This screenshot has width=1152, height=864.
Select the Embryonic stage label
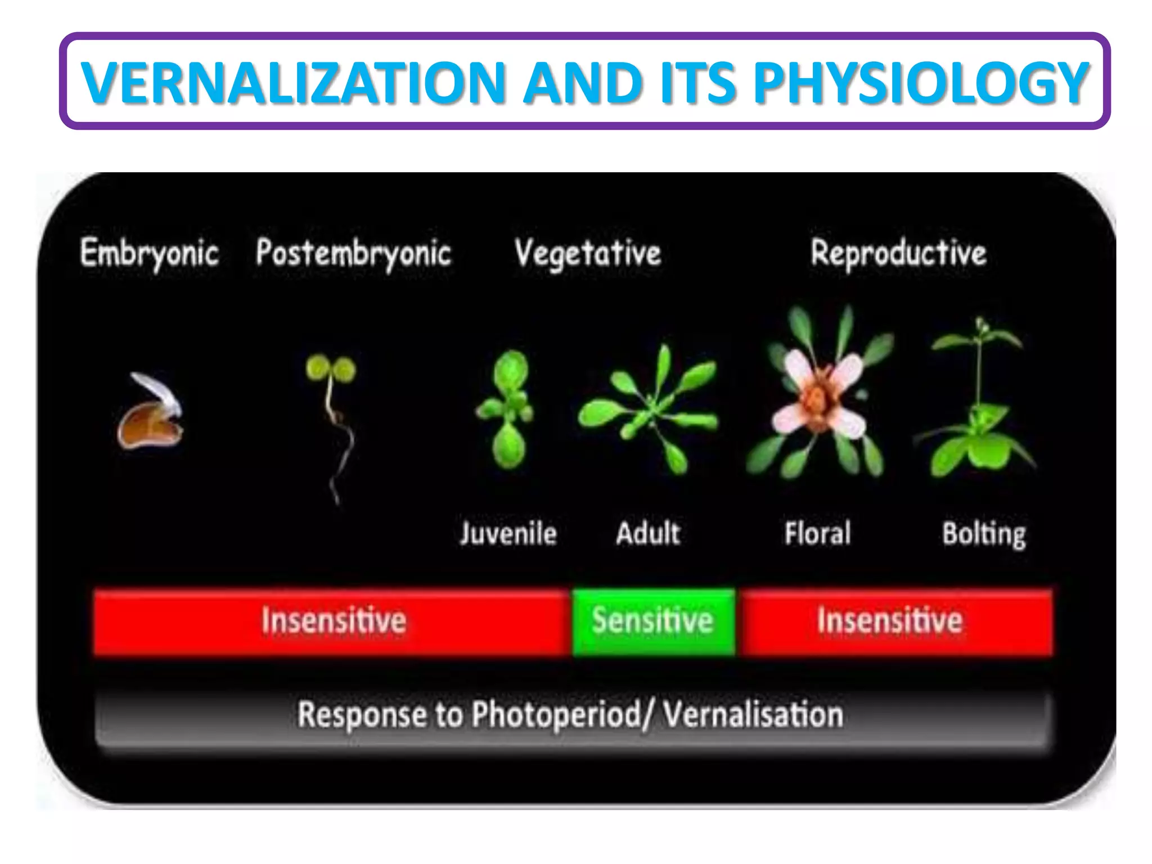(x=149, y=253)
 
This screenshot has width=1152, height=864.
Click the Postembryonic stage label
(x=353, y=253)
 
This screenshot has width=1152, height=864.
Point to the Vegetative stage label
(x=587, y=253)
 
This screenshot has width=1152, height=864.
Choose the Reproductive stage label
(x=898, y=253)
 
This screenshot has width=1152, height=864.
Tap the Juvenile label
(x=508, y=533)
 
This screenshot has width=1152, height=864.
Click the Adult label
(x=648, y=533)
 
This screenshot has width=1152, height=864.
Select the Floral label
(x=817, y=533)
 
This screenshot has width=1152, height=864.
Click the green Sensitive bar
(x=653, y=622)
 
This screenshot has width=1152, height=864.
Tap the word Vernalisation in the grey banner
(x=753, y=715)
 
